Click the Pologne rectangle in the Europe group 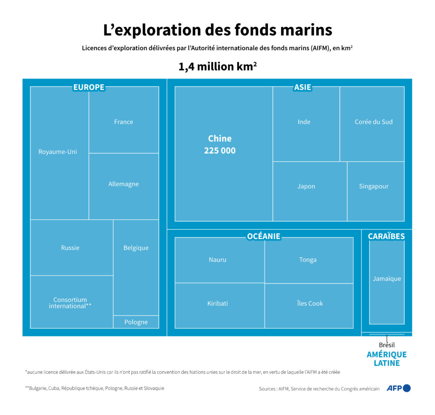pos(136,322)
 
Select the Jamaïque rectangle pos(387,279)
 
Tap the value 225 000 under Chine pos(220,151)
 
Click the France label pos(124,122)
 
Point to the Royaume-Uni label pos(58,151)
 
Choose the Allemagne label pos(124,184)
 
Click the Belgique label pos(136,248)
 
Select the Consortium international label pos(70,303)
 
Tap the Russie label pos(70,248)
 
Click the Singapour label pos(374,186)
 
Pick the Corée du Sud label pos(374,122)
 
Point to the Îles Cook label pos(310,303)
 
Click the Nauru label pos(217,259)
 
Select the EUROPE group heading pos(89,87)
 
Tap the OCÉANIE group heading pos(264,236)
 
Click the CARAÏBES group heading pos(386,236)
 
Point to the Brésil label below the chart pos(387,345)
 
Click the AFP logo pos(398,388)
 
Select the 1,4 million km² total pos(217,67)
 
